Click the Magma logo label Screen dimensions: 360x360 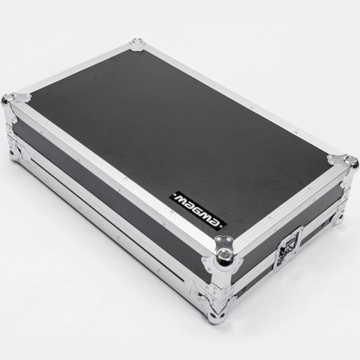(x=198, y=211)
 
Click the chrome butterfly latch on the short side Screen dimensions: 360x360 (x=289, y=247)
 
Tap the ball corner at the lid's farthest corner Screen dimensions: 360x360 (x=138, y=42)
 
